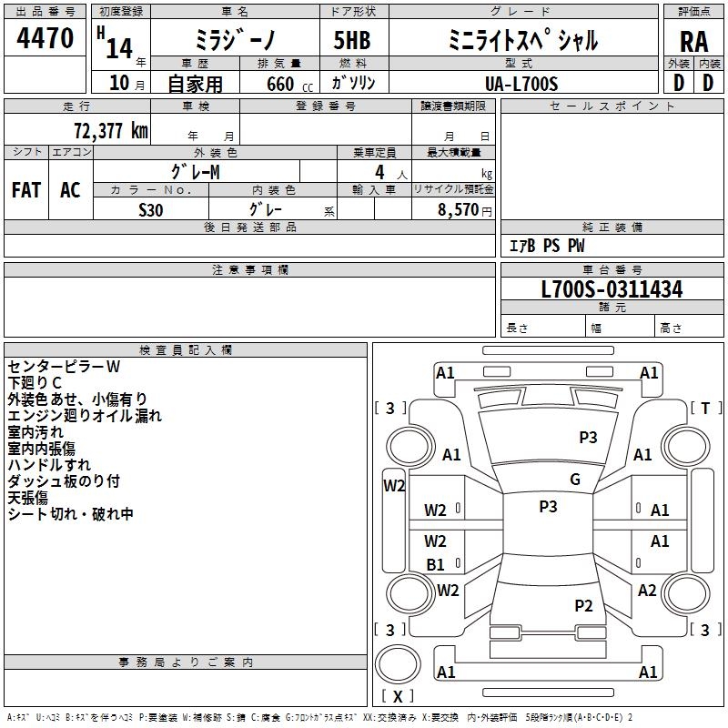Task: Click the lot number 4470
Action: (45, 37)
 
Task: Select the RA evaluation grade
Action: (693, 42)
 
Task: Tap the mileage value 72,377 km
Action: (111, 130)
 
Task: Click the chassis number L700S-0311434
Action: (612, 289)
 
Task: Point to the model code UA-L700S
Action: (521, 84)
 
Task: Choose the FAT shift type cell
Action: (26, 189)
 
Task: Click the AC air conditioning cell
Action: (70, 189)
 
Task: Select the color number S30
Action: (151, 210)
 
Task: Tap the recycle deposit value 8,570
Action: (459, 209)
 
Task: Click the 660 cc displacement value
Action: (289, 84)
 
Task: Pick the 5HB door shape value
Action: (352, 40)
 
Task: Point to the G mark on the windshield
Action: (575, 480)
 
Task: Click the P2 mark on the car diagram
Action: (583, 605)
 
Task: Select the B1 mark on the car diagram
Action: (435, 564)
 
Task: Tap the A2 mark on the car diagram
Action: (647, 590)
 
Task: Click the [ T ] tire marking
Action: (706, 408)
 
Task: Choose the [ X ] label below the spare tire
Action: (398, 696)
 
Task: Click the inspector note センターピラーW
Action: (64, 367)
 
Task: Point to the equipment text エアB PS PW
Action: (547, 246)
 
